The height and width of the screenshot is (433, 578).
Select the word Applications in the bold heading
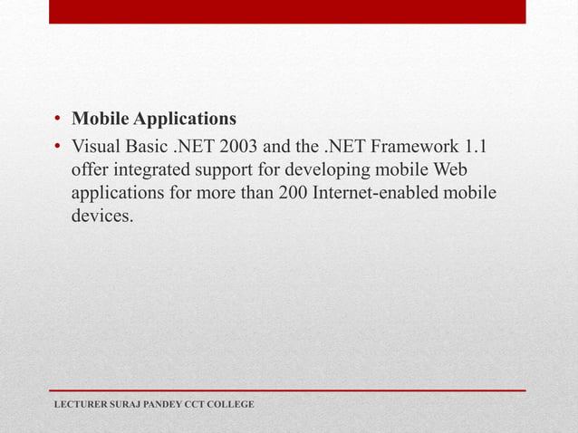(x=184, y=120)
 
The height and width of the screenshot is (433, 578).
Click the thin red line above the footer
(x=289, y=390)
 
